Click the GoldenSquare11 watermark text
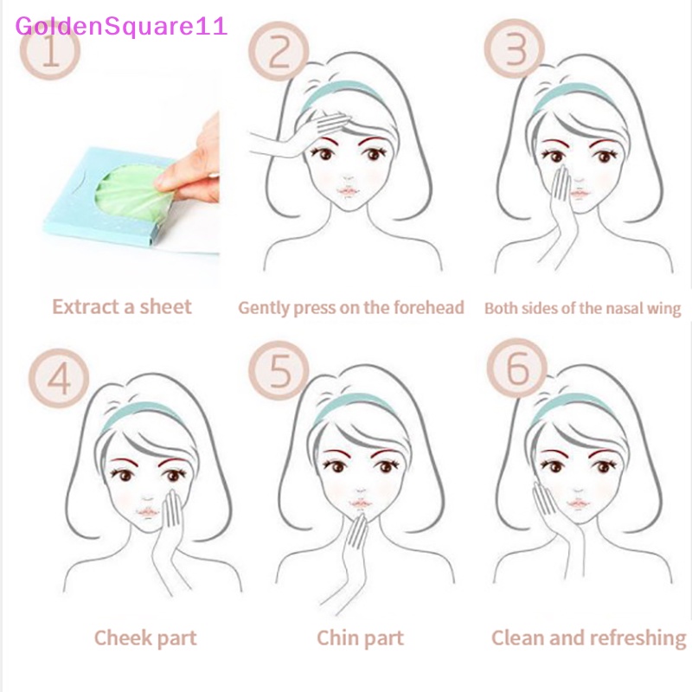(x=121, y=25)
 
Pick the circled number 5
(x=279, y=374)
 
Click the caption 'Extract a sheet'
(x=121, y=306)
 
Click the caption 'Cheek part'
(x=145, y=638)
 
